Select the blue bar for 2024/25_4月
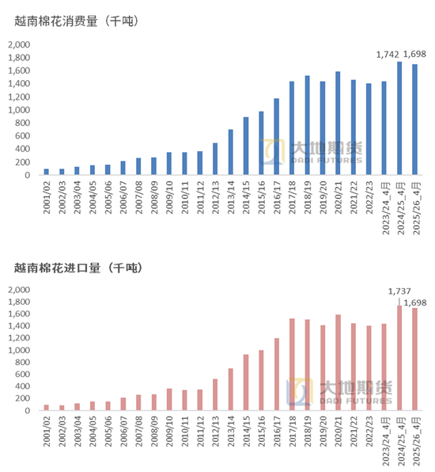[399, 118]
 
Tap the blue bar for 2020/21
[338, 123]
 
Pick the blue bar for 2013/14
[230, 152]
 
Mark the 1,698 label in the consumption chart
[414, 54]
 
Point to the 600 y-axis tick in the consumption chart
[23, 136]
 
